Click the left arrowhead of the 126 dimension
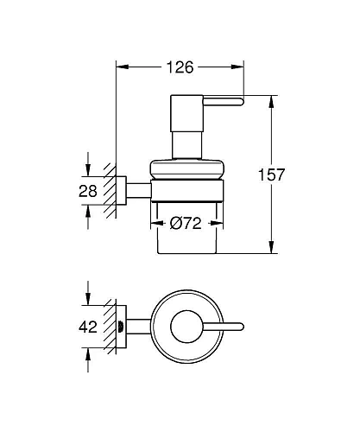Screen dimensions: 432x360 click(120, 66)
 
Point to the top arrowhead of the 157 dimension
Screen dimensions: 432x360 click(273, 99)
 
